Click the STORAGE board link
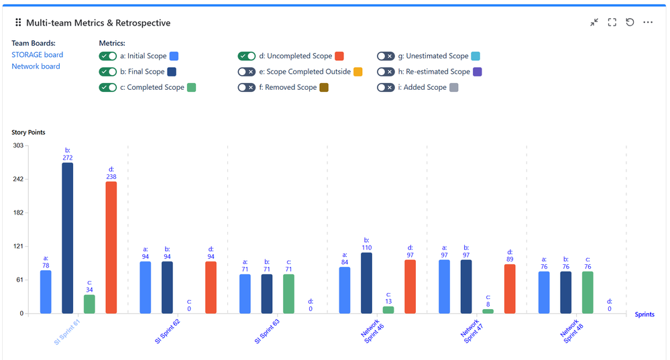click(38, 55)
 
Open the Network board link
click(36, 66)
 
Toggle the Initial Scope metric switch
click(108, 56)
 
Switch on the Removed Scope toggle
click(246, 87)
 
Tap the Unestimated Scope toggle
click(385, 56)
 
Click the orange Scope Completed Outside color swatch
click(358, 72)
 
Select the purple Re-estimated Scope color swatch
click(478, 72)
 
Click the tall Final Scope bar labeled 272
click(67, 238)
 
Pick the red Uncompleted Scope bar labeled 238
click(111, 247)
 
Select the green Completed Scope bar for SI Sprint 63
click(288, 294)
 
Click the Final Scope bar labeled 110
click(366, 283)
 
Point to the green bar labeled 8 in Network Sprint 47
click(488, 311)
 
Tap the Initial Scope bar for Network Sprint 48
click(544, 292)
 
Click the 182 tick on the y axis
click(18, 213)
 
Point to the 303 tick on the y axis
click(18, 145)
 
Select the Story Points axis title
click(28, 133)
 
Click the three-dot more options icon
click(648, 22)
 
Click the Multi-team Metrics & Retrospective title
click(98, 23)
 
